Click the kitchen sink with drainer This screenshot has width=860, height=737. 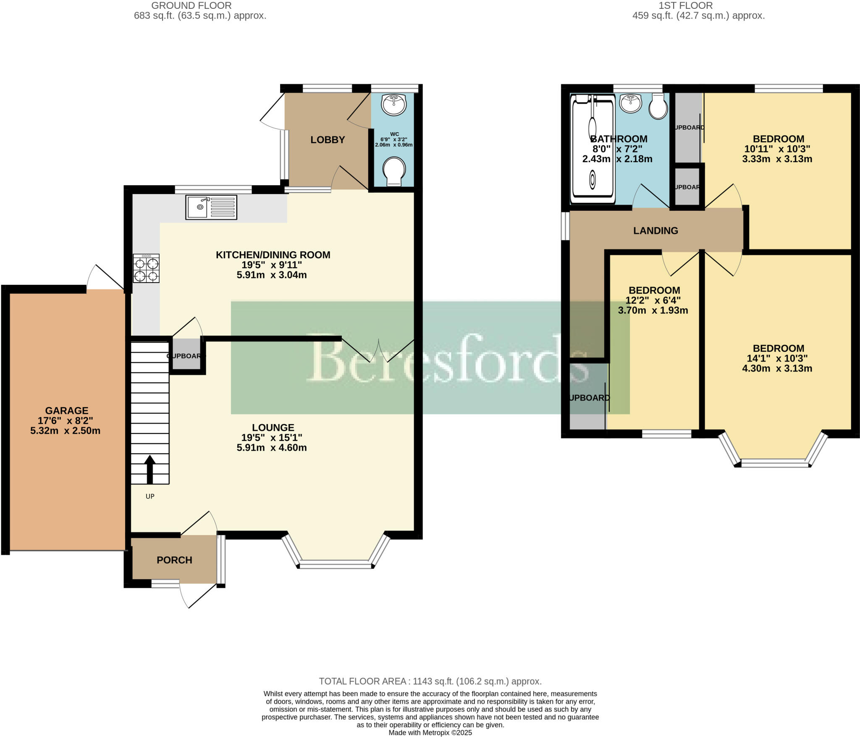pyautogui.click(x=211, y=207)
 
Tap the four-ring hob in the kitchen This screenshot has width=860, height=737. pyautogui.click(x=147, y=268)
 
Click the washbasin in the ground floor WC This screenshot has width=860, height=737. pyautogui.click(x=394, y=104)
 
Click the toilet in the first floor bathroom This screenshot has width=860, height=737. pyautogui.click(x=658, y=106)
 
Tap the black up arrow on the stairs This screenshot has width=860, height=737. pyautogui.click(x=150, y=469)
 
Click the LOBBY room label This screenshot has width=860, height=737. pyautogui.click(x=328, y=140)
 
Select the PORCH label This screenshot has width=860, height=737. pyautogui.click(x=174, y=560)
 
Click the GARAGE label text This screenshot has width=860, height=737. pyautogui.click(x=67, y=410)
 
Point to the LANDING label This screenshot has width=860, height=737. pyautogui.click(x=655, y=231)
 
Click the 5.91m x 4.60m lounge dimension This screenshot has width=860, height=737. pyautogui.click(x=272, y=448)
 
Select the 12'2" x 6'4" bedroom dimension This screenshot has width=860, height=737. pyautogui.click(x=653, y=300)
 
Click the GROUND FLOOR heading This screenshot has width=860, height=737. pyautogui.click(x=191, y=5)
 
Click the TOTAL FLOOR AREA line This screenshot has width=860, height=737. pyautogui.click(x=430, y=681)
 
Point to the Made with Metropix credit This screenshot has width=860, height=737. pyautogui.click(x=430, y=733)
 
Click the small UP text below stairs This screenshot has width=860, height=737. pyautogui.click(x=150, y=496)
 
